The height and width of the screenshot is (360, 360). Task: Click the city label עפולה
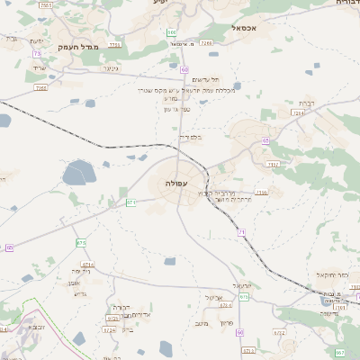175,183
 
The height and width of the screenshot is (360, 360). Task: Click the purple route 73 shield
37,54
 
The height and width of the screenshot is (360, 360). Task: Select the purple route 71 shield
242,232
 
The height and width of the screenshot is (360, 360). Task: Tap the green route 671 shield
130,202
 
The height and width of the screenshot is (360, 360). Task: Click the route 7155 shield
112,43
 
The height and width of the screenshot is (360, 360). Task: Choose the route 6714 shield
87,265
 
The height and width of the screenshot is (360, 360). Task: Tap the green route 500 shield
171,33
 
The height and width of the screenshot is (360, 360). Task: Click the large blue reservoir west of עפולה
78,173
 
